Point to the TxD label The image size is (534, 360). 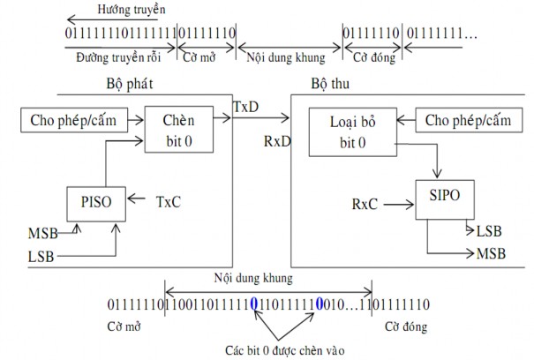[x=246, y=106]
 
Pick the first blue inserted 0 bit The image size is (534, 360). [x=255, y=304]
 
